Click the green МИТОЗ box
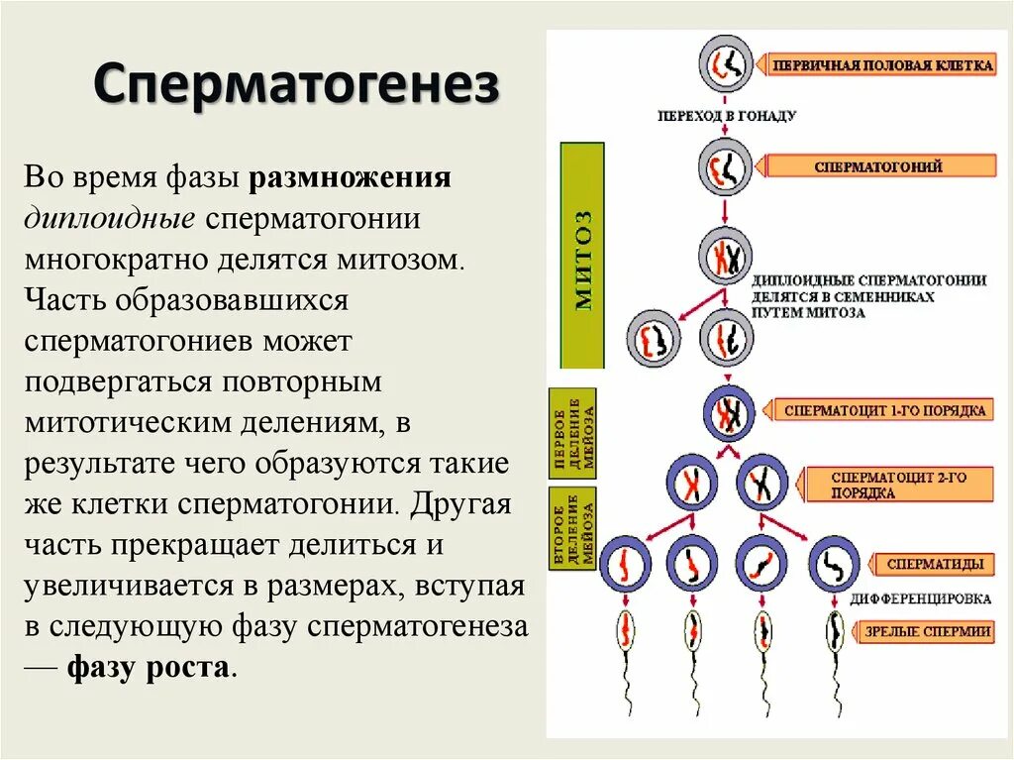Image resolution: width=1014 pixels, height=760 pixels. [x=582, y=256]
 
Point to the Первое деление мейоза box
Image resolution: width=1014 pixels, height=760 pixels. [x=572, y=433]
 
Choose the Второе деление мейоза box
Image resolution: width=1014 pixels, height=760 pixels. [x=572, y=528]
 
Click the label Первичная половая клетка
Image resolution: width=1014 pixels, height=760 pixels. [x=881, y=65]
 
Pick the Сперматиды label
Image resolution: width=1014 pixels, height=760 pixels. [x=935, y=565]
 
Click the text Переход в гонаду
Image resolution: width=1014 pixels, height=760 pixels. [x=727, y=115]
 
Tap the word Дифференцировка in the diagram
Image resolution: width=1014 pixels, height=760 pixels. [x=921, y=599]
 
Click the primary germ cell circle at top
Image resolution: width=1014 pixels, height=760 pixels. [x=727, y=65]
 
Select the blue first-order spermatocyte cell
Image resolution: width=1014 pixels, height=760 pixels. [x=730, y=411]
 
